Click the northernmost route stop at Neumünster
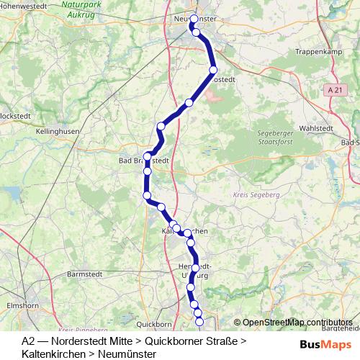(194, 19)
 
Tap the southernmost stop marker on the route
(200, 322)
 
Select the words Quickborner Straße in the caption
(192, 340)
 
